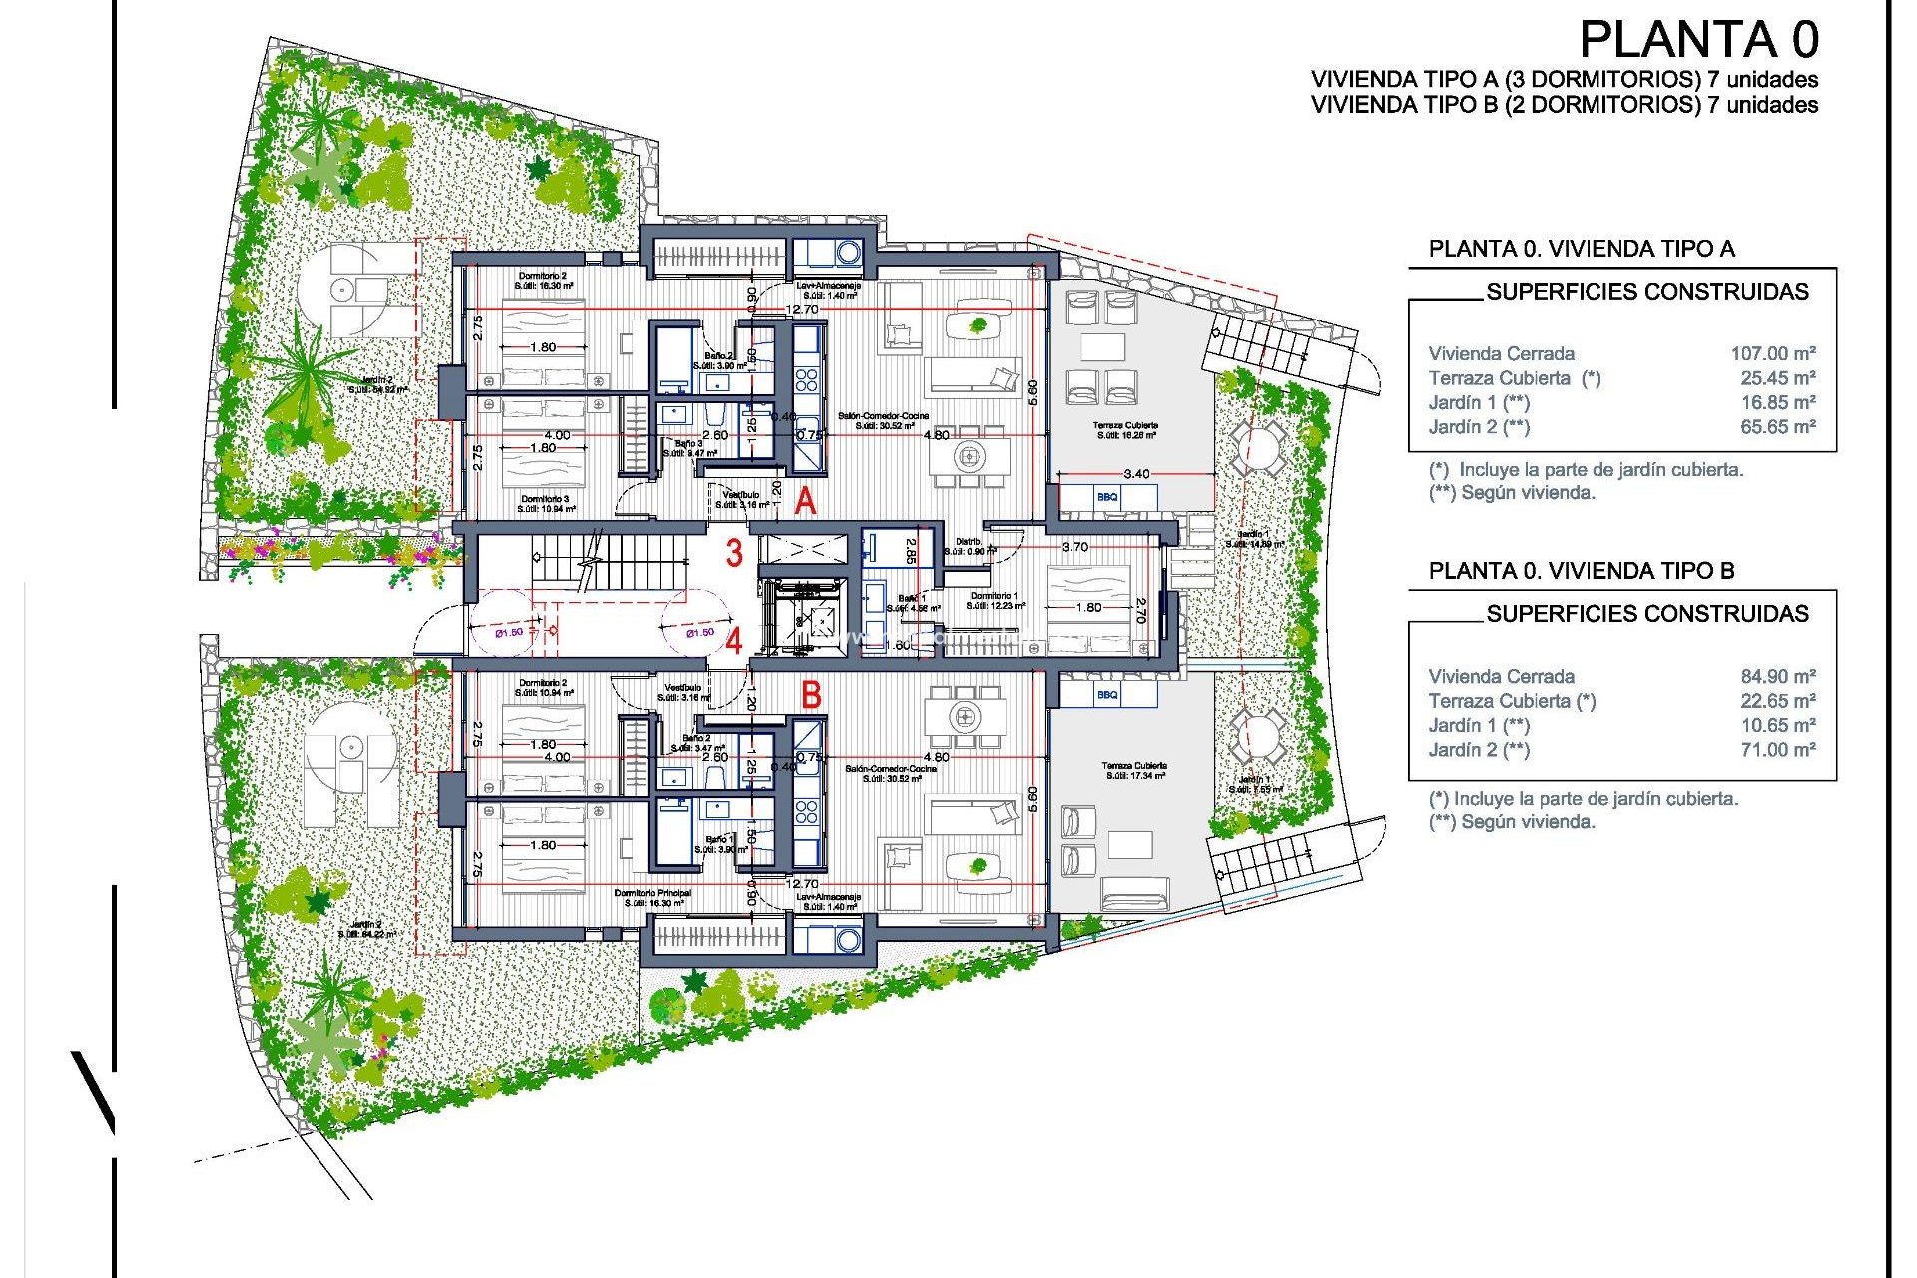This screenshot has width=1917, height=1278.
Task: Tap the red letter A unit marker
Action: [x=805, y=501]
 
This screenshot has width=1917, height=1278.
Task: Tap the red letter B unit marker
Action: [x=811, y=694]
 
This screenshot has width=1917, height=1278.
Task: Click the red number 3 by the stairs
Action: [x=734, y=553]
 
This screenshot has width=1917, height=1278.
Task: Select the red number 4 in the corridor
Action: [x=734, y=640]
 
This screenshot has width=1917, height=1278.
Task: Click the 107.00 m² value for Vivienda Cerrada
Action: [x=1772, y=353]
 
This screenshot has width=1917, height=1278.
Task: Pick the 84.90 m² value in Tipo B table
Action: [x=1777, y=676]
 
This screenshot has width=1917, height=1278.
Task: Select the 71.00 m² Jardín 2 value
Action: [x=1777, y=750]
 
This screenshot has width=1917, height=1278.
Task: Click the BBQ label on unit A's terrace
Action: [x=1107, y=497]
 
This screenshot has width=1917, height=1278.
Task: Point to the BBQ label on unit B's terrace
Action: [x=1107, y=694]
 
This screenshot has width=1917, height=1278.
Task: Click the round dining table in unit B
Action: [x=963, y=716]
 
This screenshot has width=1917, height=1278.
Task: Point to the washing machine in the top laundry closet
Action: [x=848, y=252]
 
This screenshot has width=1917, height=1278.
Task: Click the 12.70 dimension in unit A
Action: [x=802, y=310]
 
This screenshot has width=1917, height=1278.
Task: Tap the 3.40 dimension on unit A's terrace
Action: [x=1136, y=474]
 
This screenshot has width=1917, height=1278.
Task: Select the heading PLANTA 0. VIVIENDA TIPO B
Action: [x=1582, y=571]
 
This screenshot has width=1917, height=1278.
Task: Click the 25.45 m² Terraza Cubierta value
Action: [x=1777, y=378]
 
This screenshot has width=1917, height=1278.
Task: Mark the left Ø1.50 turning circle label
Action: [x=509, y=632]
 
